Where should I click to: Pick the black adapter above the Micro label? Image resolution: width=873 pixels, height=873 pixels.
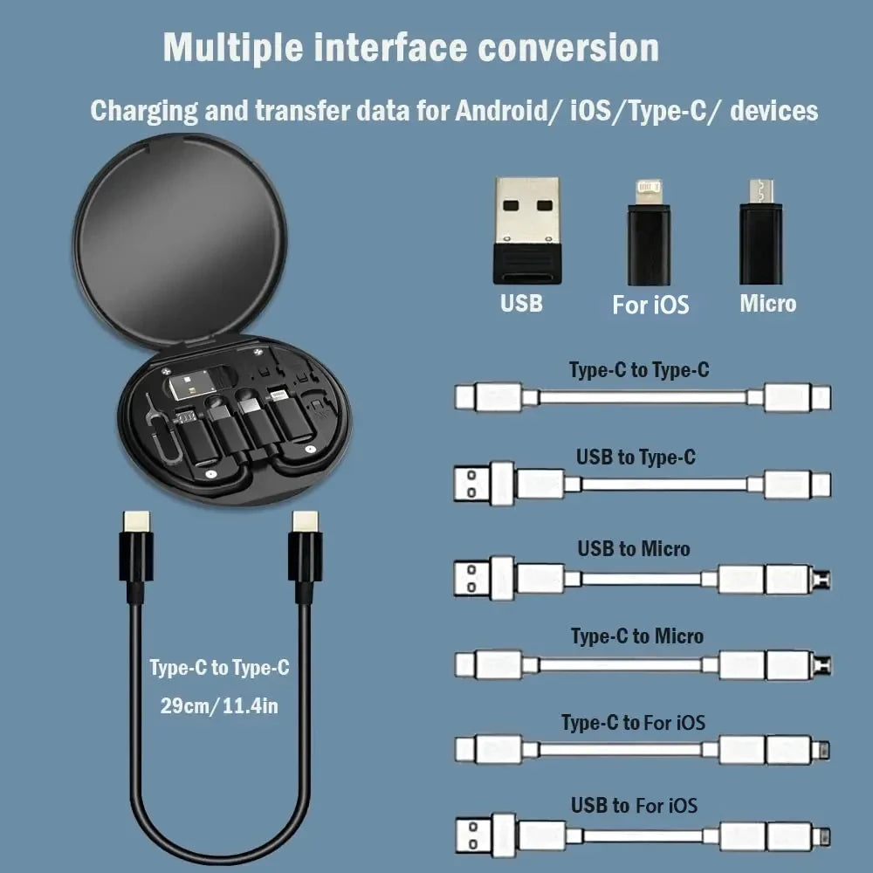[x=760, y=232]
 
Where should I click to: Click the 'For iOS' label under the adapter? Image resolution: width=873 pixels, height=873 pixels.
[x=650, y=305]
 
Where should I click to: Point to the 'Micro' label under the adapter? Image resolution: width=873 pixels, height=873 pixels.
[x=768, y=304]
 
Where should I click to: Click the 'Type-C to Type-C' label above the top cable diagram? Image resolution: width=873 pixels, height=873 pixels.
[x=639, y=370]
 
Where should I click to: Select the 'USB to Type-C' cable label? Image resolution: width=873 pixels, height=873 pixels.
[x=636, y=457]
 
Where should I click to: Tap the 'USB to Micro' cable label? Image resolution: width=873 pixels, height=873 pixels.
[x=633, y=548]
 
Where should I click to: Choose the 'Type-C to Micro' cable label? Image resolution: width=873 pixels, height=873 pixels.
[x=637, y=636]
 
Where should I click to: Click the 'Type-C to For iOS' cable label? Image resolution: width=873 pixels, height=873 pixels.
[x=633, y=723]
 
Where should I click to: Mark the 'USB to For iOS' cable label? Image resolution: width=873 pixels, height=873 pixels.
[x=635, y=805]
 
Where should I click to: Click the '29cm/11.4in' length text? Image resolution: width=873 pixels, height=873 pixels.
[x=219, y=705]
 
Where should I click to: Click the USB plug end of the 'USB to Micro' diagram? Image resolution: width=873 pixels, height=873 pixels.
[x=471, y=578]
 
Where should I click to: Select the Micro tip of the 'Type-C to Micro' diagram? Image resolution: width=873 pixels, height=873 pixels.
[x=821, y=665]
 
